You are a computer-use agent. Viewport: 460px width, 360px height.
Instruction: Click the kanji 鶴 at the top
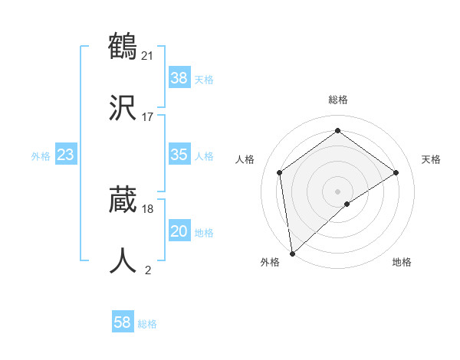click(123, 46)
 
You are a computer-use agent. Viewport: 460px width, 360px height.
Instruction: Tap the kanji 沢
click(123, 106)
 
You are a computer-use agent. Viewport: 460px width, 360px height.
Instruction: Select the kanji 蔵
click(123, 198)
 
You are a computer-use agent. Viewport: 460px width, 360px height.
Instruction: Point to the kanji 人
click(123, 260)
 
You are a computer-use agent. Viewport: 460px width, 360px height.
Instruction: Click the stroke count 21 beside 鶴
click(149, 55)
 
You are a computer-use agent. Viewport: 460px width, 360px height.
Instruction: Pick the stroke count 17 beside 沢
click(148, 116)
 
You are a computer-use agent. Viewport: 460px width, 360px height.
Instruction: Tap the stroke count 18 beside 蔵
click(148, 208)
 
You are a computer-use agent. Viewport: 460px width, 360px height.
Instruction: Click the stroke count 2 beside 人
click(148, 270)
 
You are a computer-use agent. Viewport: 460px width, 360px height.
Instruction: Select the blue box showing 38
click(179, 77)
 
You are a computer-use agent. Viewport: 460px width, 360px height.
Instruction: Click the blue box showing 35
click(179, 155)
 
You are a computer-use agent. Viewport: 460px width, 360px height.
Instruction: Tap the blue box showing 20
click(179, 231)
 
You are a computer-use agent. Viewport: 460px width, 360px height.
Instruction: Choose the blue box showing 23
click(66, 155)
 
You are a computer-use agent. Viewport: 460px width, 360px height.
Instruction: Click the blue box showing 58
click(123, 322)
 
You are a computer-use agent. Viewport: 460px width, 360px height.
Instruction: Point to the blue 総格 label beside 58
click(147, 324)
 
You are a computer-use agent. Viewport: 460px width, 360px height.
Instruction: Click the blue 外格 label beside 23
click(41, 156)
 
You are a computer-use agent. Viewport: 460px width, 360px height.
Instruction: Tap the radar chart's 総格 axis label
click(337, 100)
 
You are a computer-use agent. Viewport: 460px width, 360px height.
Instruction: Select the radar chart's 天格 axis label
click(431, 159)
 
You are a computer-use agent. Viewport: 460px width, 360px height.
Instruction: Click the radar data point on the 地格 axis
click(347, 204)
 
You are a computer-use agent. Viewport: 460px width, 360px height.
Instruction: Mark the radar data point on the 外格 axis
click(292, 253)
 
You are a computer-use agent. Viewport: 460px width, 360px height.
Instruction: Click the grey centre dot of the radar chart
click(337, 190)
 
